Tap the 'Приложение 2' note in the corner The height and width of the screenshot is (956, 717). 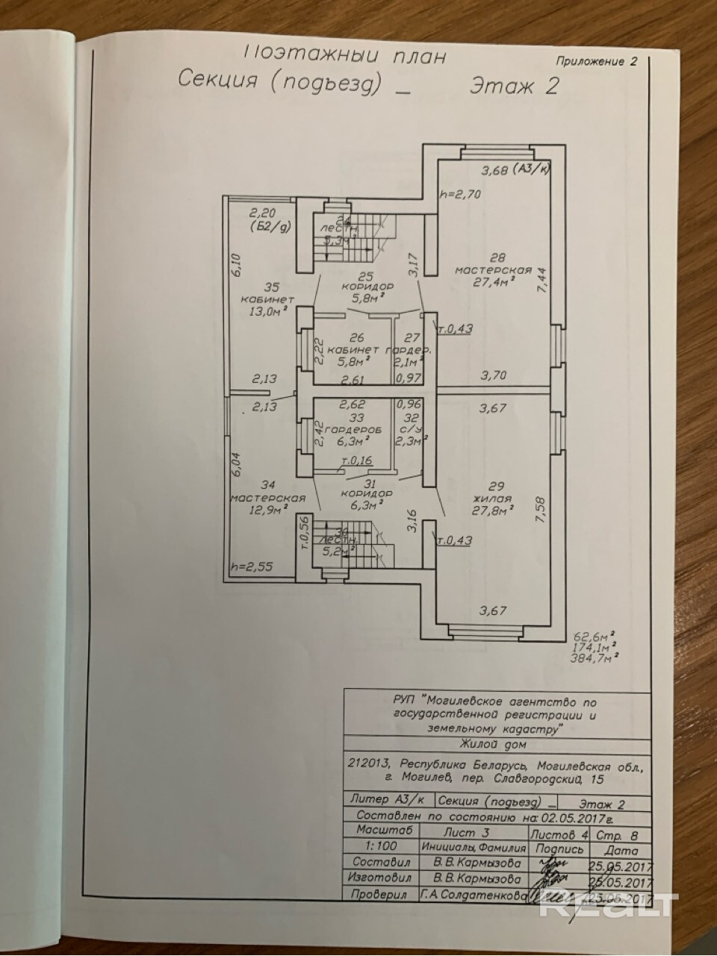(597, 62)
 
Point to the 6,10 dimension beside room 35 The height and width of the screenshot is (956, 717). (235, 265)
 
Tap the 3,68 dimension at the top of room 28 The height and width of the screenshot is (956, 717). (494, 171)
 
